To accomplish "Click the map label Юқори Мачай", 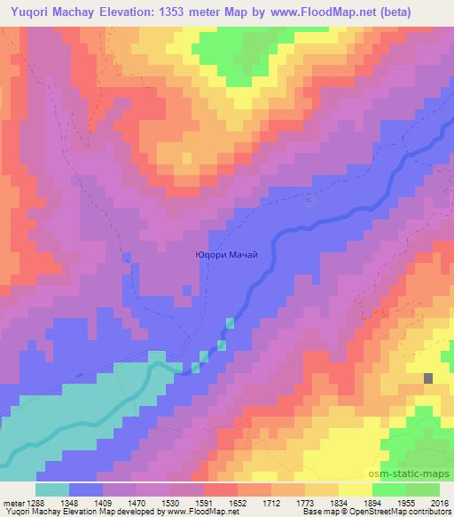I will [226, 255].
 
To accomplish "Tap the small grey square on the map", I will [429, 378].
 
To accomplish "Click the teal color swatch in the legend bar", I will [53, 489].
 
